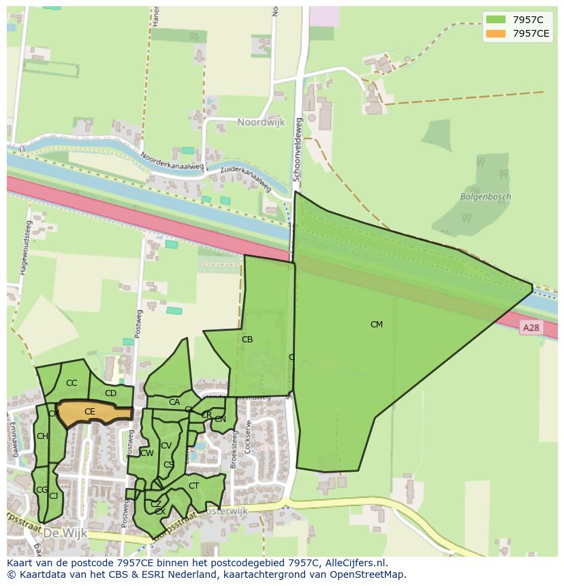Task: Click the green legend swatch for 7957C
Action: tap(496, 20)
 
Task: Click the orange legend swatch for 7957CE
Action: tap(496, 33)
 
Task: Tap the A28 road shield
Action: tap(531, 328)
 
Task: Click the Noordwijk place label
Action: tap(260, 123)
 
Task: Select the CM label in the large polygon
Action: tap(376, 325)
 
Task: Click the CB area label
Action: tap(247, 340)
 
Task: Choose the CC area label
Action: tap(72, 383)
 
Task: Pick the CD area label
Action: tap(110, 393)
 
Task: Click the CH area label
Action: tap(42, 436)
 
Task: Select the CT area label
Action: tap(193, 486)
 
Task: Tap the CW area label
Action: tap(147, 453)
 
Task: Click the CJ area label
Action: tap(53, 496)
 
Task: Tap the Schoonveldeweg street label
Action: tap(297, 148)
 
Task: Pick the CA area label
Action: tap(174, 402)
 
